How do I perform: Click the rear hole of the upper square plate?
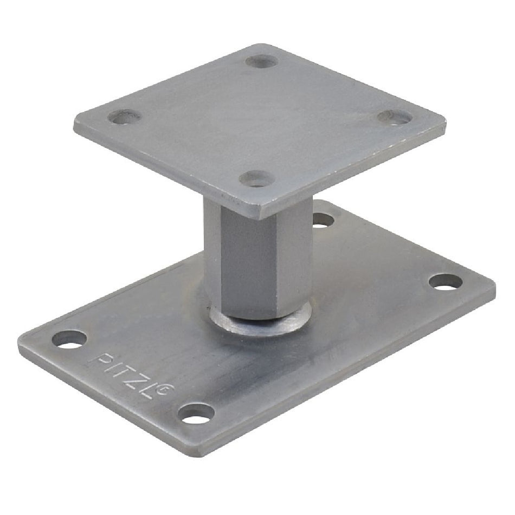(x=262, y=61)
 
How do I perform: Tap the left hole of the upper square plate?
(x=125, y=117)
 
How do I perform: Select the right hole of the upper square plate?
(x=395, y=118)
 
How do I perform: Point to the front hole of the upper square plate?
(x=257, y=179)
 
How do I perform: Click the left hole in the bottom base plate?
(x=69, y=339)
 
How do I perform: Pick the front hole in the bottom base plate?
(x=196, y=413)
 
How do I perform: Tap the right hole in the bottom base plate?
(x=446, y=282)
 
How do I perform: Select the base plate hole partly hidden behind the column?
(x=323, y=220)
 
